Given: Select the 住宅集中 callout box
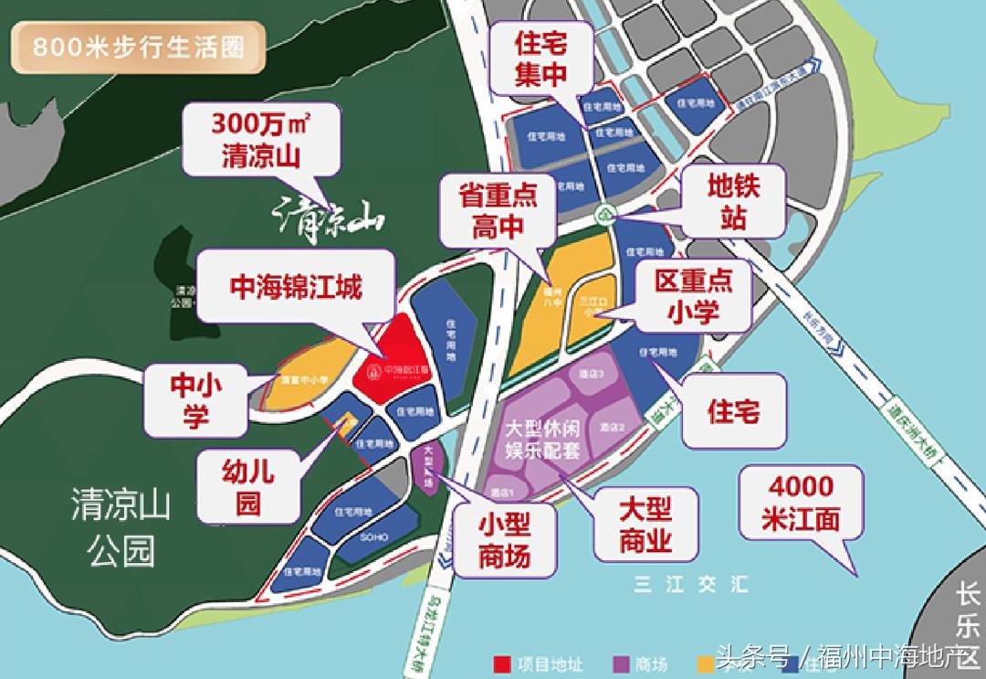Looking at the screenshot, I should tap(541, 58).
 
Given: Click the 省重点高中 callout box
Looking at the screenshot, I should tap(498, 211).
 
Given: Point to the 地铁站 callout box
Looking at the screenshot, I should tap(733, 202).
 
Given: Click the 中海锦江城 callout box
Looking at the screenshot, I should tap(296, 289).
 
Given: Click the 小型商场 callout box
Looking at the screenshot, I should tap(504, 539).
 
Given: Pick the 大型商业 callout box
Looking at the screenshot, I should tap(645, 525).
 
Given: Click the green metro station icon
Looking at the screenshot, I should tap(604, 217).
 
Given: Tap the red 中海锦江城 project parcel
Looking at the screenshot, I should tap(387, 361).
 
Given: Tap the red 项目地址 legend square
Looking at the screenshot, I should tap(499, 664).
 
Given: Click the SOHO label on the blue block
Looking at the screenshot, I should tap(358, 539).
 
